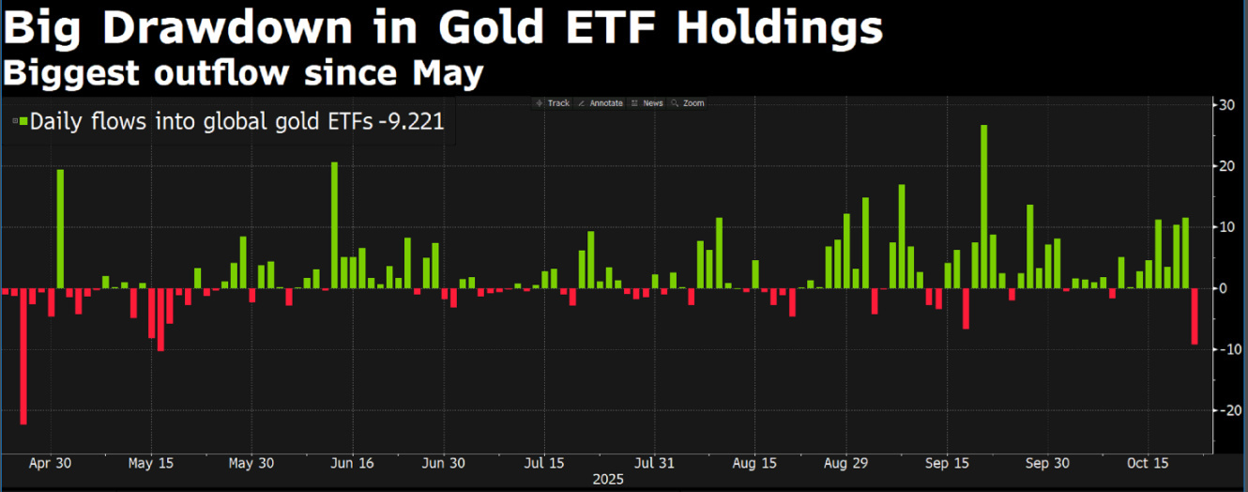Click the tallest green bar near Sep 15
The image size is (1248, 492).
click(983, 206)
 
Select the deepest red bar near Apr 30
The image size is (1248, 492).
click(23, 356)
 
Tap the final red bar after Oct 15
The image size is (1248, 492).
click(1195, 316)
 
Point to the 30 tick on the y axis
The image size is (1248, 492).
click(1225, 104)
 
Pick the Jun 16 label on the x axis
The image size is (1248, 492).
click(355, 463)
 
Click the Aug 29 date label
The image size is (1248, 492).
click(846, 463)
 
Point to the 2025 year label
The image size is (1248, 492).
click(608, 479)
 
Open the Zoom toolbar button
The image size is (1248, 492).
click(692, 103)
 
